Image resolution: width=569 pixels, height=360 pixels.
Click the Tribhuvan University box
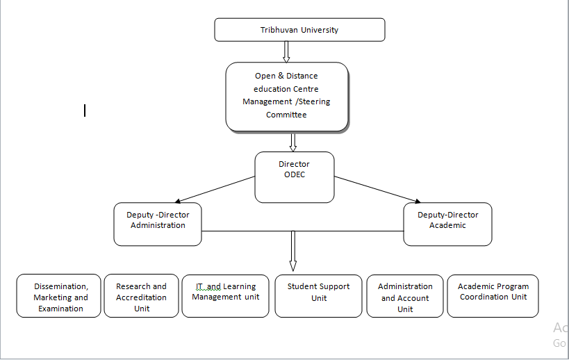[299, 30]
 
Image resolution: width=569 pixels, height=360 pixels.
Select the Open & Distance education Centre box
[286, 96]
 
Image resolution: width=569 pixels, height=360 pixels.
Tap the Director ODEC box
[295, 177]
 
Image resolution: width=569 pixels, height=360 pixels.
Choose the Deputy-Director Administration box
[158, 224]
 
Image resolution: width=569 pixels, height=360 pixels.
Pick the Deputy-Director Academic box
[447, 224]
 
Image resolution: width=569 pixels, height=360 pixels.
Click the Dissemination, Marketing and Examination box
[60, 297]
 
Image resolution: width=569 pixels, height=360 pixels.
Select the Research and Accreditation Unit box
[142, 297]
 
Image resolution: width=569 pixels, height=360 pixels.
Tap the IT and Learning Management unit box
[225, 296]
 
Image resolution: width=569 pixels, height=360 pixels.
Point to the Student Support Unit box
[319, 296]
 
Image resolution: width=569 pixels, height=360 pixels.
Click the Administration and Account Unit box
[405, 297]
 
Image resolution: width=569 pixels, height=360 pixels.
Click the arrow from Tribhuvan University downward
[286, 51]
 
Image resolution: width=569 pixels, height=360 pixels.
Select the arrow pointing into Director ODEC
[292, 142]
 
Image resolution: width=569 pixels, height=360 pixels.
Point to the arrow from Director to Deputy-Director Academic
[376, 189]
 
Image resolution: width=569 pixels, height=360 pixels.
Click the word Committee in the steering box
[286, 115]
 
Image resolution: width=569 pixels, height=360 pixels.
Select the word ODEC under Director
[295, 174]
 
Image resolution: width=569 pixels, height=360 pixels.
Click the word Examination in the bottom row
[61, 309]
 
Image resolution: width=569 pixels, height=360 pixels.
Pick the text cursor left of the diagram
[85, 110]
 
